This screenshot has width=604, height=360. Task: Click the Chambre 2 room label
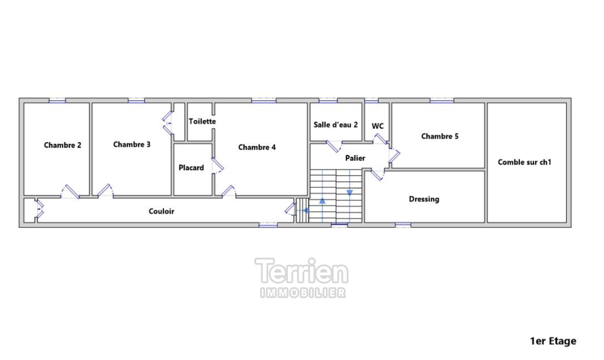pos(63,145)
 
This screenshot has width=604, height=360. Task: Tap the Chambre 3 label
pos(132,145)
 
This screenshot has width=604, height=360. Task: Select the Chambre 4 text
pos(257,148)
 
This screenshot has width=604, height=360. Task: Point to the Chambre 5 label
pos(440,136)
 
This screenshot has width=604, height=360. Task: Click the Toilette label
pos(202,122)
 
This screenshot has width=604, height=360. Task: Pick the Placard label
pos(191,168)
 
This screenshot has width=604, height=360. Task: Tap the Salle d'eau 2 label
pos(336,125)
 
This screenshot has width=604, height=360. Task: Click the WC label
pos(377,126)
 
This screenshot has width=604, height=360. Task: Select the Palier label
pos(355,158)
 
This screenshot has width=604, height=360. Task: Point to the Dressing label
pos(424,199)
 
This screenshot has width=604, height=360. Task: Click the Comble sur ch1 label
pos(524,162)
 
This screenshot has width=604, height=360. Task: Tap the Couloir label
pos(162,211)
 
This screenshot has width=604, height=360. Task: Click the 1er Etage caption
pos(553,341)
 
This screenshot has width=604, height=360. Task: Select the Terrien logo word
pos(302,271)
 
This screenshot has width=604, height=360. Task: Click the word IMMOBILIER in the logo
pos(303,293)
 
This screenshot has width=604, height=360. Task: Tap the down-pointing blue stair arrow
pos(350,193)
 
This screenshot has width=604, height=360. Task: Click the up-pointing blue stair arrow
pos(322,201)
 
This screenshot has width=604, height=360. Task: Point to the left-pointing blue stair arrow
pos(306,211)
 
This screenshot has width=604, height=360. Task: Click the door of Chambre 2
pos(72,192)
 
